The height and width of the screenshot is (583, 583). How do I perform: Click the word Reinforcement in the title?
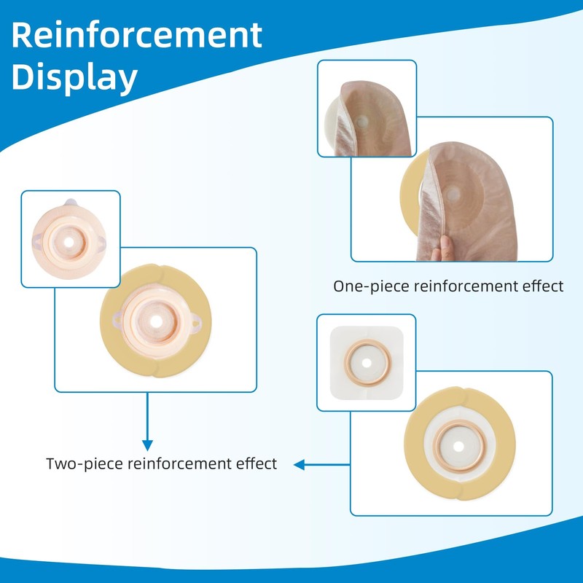137,35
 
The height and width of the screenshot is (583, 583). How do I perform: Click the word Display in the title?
74,77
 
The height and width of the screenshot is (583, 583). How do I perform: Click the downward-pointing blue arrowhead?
148,445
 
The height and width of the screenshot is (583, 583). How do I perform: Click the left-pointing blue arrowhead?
300,465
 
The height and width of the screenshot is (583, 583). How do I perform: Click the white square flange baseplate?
367,363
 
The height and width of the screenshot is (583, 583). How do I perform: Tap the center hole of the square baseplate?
367,363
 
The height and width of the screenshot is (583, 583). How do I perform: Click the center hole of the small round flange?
69,242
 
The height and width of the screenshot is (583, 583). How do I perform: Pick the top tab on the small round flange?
71,203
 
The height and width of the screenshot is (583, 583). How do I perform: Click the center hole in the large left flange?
156,322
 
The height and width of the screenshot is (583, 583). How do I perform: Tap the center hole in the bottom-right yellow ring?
459,446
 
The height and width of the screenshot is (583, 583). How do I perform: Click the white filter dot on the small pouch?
361,122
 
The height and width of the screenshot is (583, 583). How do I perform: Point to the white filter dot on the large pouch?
453,194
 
